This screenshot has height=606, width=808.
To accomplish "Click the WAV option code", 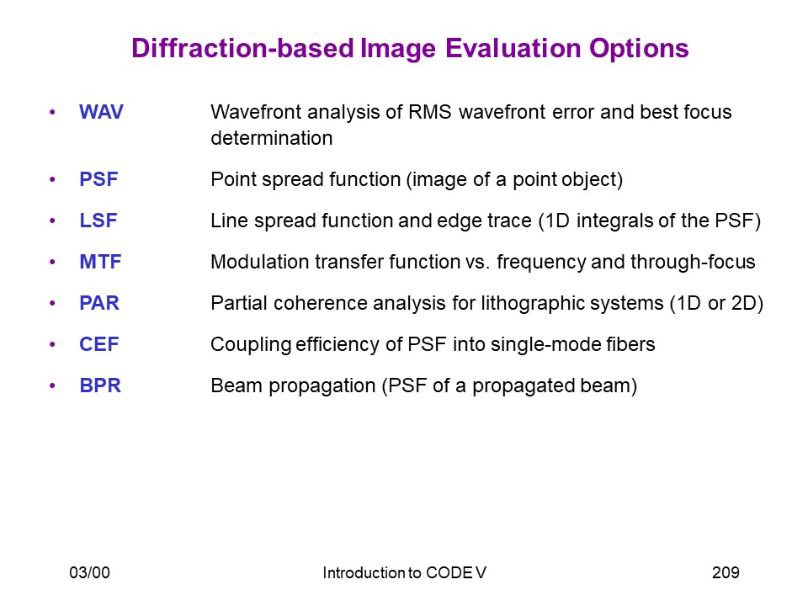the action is (x=101, y=112).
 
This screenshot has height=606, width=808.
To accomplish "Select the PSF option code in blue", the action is (x=98, y=179).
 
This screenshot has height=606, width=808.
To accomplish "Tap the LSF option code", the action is (x=98, y=221).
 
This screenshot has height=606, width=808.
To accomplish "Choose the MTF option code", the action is (x=100, y=262).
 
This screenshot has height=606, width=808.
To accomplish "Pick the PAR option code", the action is (x=99, y=303).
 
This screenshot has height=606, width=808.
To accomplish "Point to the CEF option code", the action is (x=99, y=344).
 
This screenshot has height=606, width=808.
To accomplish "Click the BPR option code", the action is (x=100, y=385).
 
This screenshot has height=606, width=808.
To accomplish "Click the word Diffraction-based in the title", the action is (x=242, y=49).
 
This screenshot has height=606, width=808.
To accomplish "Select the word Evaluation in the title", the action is (x=513, y=49).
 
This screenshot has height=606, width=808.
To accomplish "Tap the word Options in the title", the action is (x=639, y=50).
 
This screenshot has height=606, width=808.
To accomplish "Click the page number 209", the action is (x=726, y=572).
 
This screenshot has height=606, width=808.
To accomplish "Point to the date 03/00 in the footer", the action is (x=90, y=572).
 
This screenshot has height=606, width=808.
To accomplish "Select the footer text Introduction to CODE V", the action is (x=405, y=572).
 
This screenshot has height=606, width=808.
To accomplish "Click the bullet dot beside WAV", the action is (x=52, y=112).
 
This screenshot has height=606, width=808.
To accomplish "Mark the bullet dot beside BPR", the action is (x=52, y=385).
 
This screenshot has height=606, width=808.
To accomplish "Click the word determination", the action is (x=272, y=138).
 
